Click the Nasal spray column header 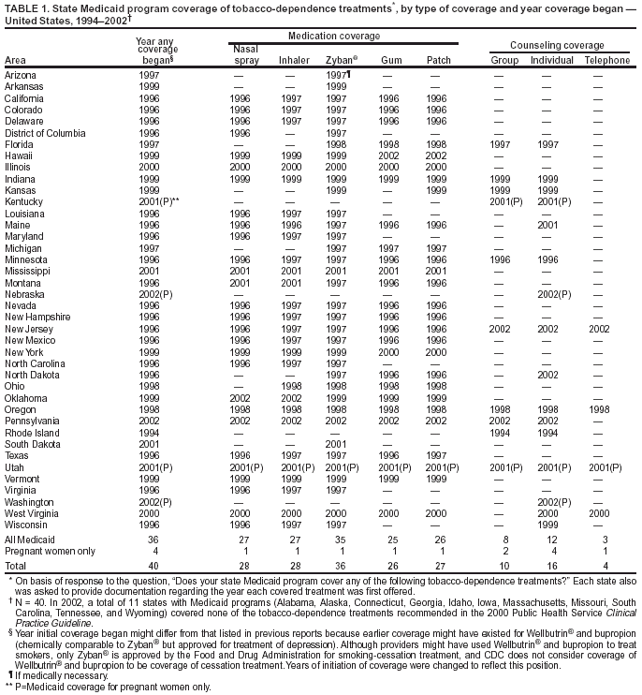[246, 53]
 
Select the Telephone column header [607, 60]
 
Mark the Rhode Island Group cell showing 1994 [504, 434]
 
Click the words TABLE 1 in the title [26, 7]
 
